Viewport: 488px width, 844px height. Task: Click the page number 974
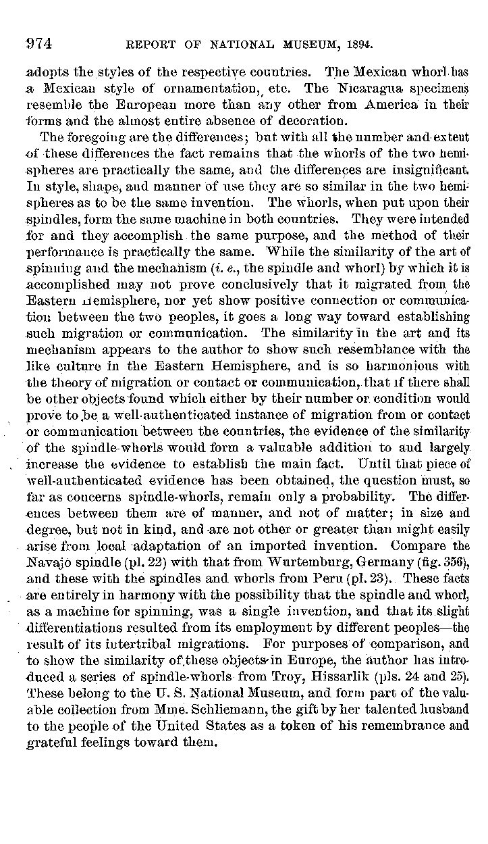pos(39,45)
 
